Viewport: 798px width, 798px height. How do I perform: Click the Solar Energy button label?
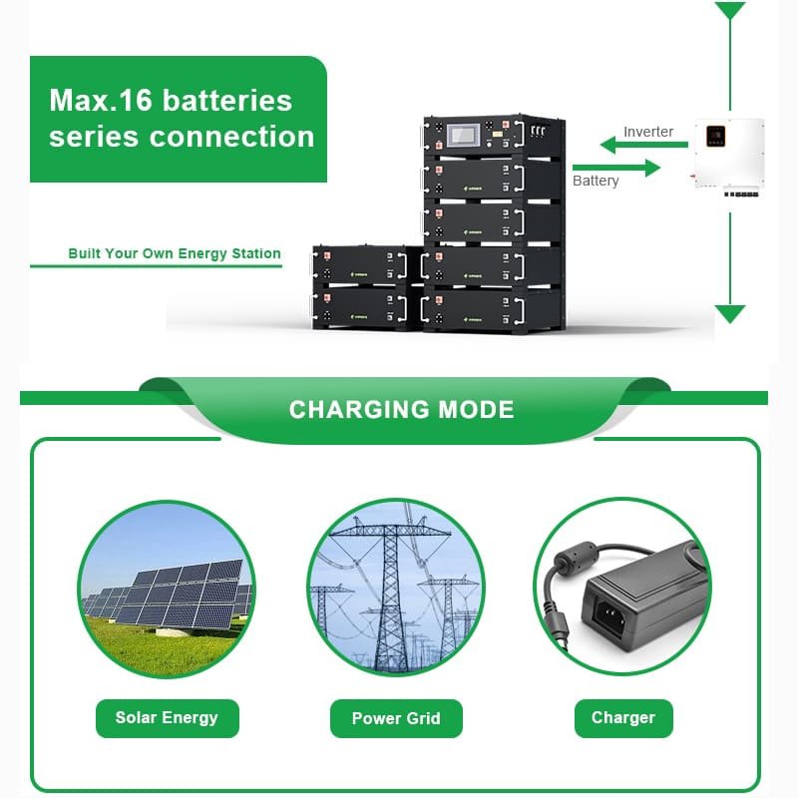[x=167, y=718]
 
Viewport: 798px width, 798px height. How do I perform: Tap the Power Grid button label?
[x=396, y=718]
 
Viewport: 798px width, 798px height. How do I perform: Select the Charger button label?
[x=623, y=718]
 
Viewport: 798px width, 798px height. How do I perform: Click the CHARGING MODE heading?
[x=401, y=409]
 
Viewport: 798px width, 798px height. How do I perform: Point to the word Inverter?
[x=648, y=132]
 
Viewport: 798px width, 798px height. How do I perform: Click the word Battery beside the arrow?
[x=596, y=181]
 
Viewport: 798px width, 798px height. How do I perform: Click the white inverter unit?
[x=729, y=155]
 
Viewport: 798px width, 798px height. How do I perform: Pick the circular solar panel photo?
[x=167, y=589]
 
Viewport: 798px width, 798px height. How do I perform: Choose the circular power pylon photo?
[x=396, y=589]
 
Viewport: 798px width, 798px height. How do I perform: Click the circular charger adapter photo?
[x=623, y=589]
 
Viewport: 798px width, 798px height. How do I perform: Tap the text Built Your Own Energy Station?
[x=175, y=253]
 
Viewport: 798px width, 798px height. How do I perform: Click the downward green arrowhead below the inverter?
[x=730, y=314]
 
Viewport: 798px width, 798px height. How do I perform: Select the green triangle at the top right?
[x=730, y=11]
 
